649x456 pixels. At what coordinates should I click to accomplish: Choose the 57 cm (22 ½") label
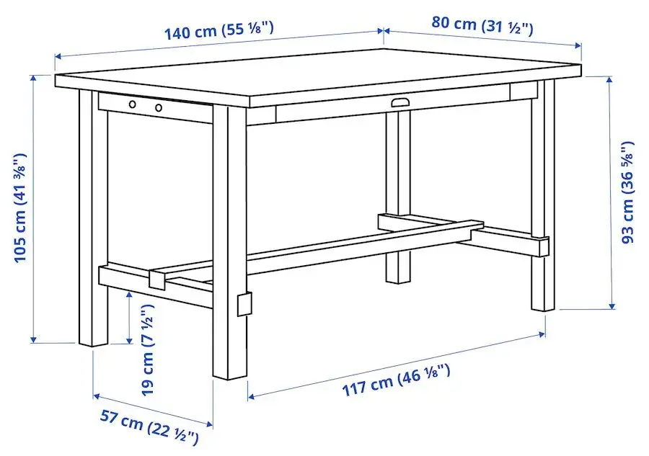[x=149, y=429]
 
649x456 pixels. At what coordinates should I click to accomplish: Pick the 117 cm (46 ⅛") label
[x=396, y=380]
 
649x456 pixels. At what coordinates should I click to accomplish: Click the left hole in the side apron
[x=133, y=105]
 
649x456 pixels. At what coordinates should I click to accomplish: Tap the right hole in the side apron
[x=158, y=108]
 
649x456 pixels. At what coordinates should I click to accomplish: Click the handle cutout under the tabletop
[x=400, y=103]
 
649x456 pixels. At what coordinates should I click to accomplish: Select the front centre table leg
[x=230, y=238]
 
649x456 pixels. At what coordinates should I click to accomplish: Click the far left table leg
[x=92, y=216]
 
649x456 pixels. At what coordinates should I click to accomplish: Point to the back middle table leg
[x=397, y=195]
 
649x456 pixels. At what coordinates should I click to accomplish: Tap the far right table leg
[x=543, y=195]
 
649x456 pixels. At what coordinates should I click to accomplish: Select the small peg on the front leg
[x=246, y=303]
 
